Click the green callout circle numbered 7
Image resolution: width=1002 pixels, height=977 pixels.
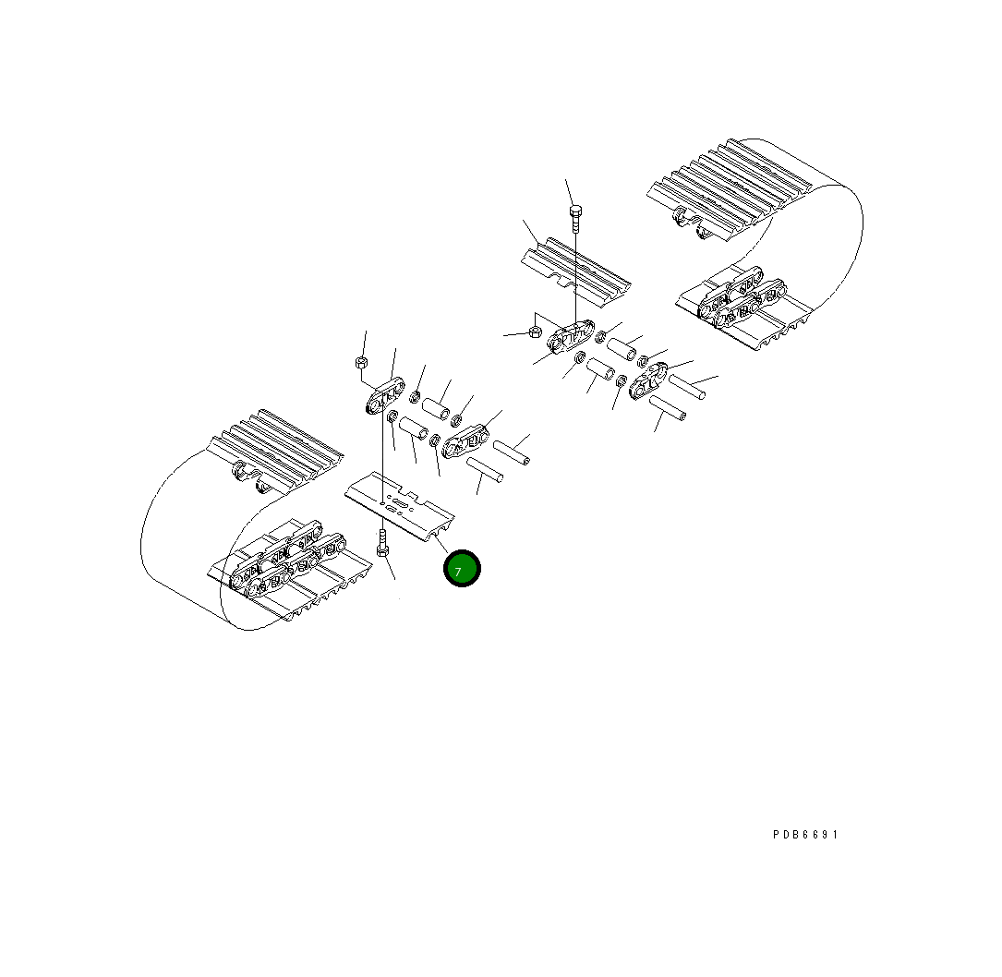pyautogui.click(x=462, y=569)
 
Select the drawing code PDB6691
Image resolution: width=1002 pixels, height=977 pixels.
pyautogui.click(x=805, y=835)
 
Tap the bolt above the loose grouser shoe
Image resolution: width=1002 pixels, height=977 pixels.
pyautogui.click(x=574, y=218)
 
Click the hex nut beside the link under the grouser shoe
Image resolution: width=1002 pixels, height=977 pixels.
pyautogui.click(x=535, y=332)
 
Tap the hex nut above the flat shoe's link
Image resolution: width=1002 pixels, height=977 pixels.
pyautogui.click(x=362, y=361)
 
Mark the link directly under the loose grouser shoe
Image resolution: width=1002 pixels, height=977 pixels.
pyautogui.click(x=572, y=337)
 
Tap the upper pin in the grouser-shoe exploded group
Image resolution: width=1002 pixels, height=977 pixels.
pyautogui.click(x=687, y=387)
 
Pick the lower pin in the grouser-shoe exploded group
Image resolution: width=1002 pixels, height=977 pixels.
pyautogui.click(x=667, y=409)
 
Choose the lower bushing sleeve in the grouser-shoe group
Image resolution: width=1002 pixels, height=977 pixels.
pyautogui.click(x=601, y=375)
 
